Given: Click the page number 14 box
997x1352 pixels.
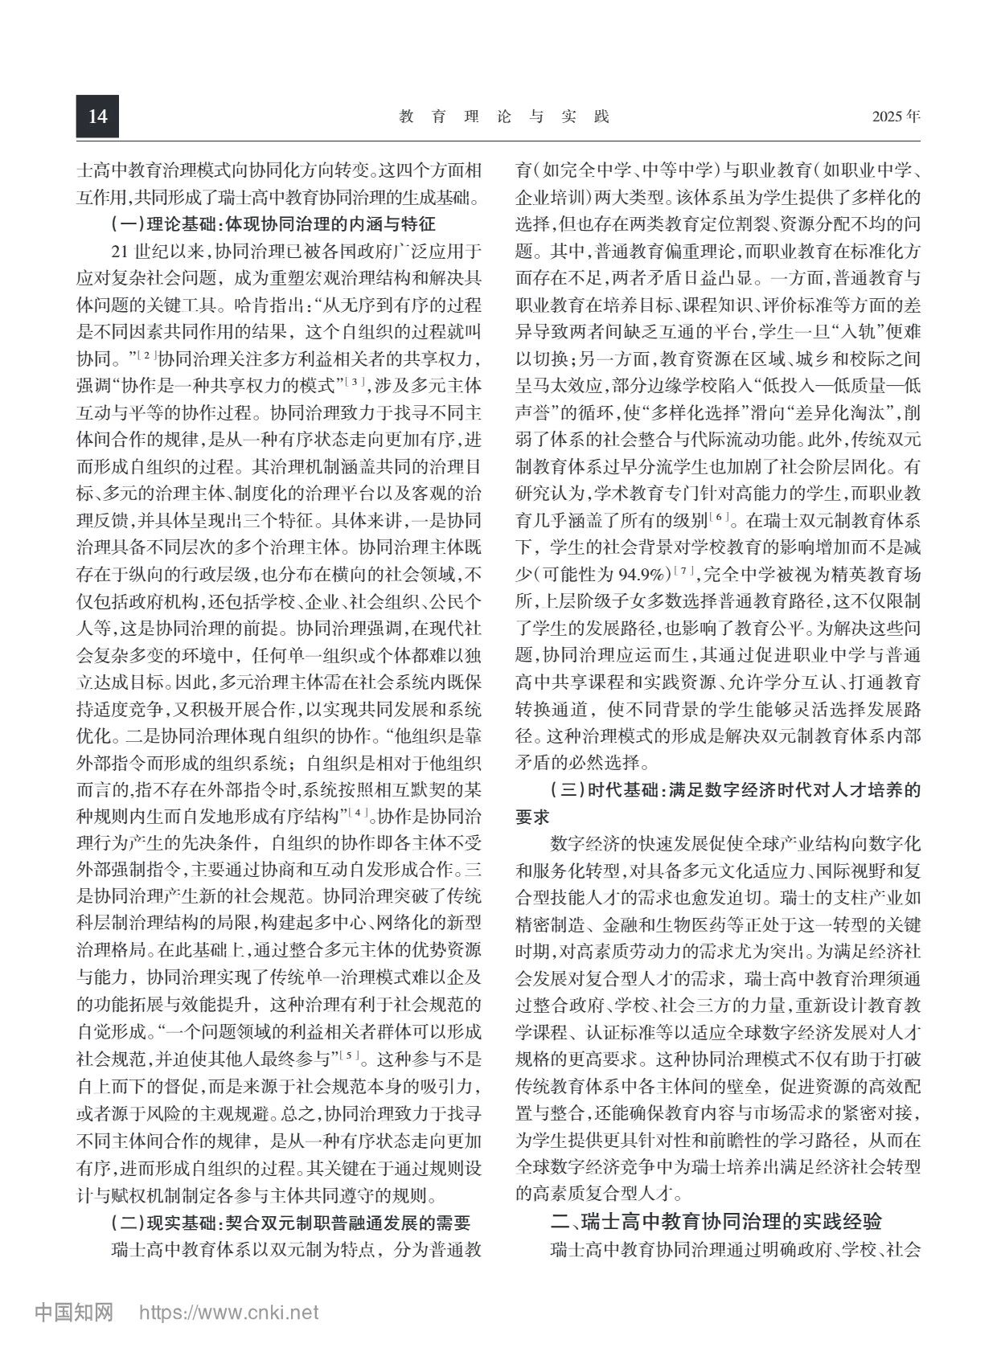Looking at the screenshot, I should (97, 117).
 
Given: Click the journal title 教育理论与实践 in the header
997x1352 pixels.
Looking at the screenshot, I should (504, 117).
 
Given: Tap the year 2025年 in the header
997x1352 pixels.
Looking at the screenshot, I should (896, 117).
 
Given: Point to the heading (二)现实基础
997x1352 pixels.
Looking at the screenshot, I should (289, 1224).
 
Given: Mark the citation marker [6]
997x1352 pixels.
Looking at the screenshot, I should (719, 517).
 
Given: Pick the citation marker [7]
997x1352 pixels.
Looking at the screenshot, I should (684, 572).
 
